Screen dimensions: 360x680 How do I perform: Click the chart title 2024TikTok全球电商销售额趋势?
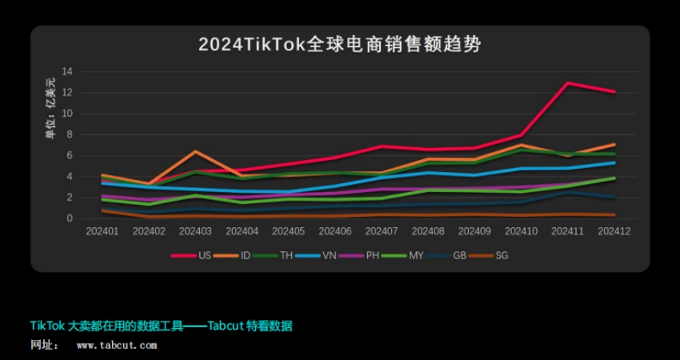click(340, 44)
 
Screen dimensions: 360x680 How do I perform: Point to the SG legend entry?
click(502, 256)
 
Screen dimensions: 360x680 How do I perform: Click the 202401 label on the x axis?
click(102, 231)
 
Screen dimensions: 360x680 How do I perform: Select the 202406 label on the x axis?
click(334, 231)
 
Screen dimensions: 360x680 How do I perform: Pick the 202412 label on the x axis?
click(614, 231)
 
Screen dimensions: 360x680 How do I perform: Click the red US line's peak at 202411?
click(567, 83)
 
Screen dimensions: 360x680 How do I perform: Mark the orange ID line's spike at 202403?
click(195, 151)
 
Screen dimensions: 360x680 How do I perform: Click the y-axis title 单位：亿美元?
click(50, 108)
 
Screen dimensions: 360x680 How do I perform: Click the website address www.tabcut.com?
click(117, 346)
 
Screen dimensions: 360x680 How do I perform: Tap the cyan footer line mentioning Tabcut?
click(161, 326)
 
